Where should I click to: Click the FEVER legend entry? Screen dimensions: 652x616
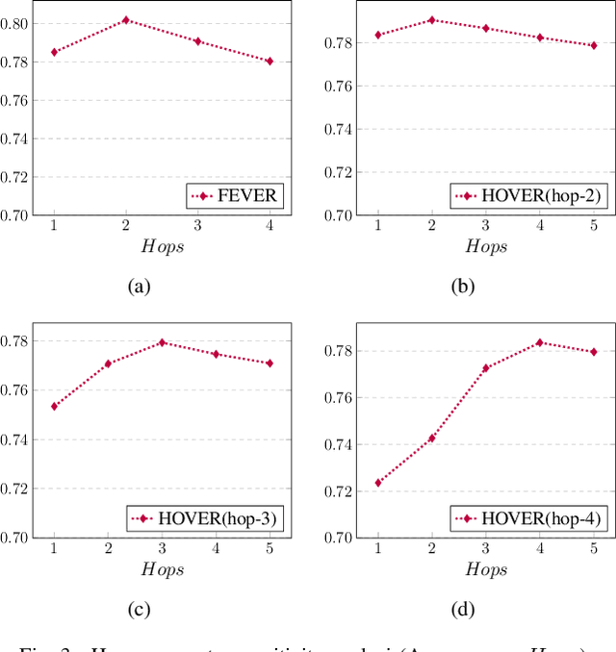[x=236, y=196]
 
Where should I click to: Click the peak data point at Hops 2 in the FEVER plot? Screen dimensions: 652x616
[x=125, y=20]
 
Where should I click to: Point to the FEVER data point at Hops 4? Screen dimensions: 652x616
[x=269, y=61]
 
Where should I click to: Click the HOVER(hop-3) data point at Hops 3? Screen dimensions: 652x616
[x=162, y=342]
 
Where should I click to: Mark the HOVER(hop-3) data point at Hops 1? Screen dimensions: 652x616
[x=54, y=406]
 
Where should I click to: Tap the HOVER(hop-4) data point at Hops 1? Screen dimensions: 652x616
[x=377, y=483]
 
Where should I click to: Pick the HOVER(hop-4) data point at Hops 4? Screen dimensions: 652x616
[x=539, y=342]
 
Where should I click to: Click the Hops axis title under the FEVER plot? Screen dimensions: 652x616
[x=162, y=246]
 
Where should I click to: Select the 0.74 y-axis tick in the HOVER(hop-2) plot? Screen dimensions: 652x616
[x=340, y=130]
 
